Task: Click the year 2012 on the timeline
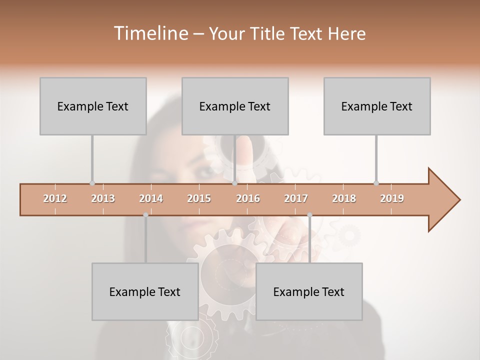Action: coord(55,198)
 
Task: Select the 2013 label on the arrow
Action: coord(103,198)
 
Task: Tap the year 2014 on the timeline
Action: coord(151,198)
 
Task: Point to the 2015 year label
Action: coord(199,198)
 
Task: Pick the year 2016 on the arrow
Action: coord(248,198)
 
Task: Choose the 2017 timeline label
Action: coord(296,198)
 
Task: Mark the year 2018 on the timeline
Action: coord(344,198)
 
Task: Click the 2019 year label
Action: coord(392,198)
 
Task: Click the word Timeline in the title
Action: coord(150,33)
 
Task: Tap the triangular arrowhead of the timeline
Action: coord(443,200)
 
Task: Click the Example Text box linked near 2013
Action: coord(93,106)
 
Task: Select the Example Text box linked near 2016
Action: coord(235,106)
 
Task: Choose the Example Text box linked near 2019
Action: coord(377,106)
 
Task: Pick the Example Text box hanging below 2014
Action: coord(145,291)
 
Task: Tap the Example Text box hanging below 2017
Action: coord(309,291)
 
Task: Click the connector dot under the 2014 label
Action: coord(145,215)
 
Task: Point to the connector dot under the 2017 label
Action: coord(309,215)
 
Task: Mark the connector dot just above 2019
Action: coord(376,183)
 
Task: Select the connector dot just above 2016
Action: coord(234,183)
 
